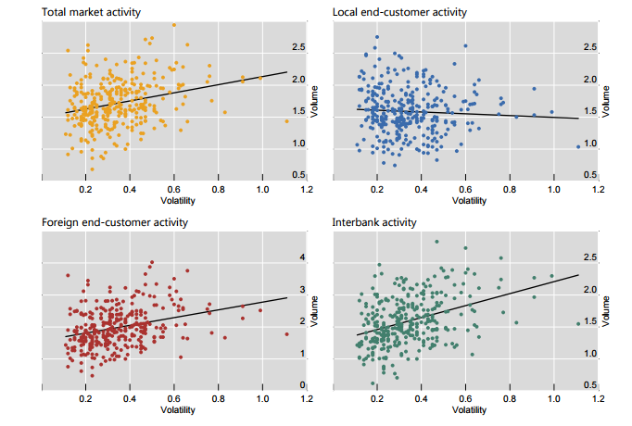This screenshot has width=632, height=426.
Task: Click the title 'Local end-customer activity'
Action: click(399, 12)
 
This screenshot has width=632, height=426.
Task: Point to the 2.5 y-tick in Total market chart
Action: click(299, 47)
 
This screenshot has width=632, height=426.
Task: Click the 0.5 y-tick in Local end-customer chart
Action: click(590, 175)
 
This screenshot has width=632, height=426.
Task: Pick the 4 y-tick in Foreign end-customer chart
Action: click(299, 257)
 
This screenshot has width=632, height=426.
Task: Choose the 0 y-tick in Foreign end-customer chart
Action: click(299, 384)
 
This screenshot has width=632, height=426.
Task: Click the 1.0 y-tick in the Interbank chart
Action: click(590, 354)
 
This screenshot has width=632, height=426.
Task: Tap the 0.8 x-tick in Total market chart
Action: click(219, 189)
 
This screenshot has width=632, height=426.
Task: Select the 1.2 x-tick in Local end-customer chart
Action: click(598, 189)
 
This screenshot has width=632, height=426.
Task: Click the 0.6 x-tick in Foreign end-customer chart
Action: click(174, 399)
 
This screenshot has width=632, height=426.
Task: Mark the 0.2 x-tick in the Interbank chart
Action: click(377, 399)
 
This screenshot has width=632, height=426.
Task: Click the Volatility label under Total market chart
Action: click(177, 200)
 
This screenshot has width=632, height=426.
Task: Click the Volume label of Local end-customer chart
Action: click(607, 100)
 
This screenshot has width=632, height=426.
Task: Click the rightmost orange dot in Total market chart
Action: click(286, 121)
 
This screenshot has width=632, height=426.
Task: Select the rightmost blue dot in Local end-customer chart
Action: click(577, 146)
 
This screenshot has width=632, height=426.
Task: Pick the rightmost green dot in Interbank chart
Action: click(577, 323)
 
